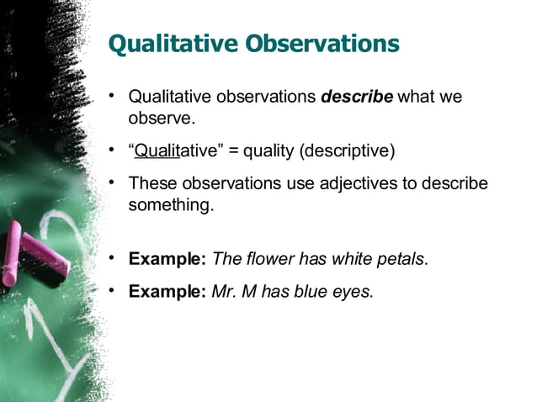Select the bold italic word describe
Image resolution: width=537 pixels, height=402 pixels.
pos(357,97)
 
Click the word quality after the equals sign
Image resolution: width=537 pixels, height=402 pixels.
pos(268,151)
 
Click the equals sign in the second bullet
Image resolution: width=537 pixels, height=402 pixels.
pos(232,151)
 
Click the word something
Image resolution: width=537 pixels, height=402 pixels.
pos(167,204)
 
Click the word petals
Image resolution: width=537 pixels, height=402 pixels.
pos(401,259)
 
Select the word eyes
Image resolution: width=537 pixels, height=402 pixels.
pos(353,292)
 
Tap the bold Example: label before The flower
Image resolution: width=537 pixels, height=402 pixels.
pos(167,259)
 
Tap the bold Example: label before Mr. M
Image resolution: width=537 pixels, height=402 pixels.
pos(167,292)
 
